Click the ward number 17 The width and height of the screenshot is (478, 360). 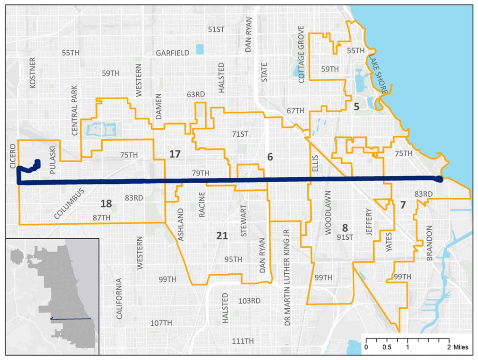[175, 154]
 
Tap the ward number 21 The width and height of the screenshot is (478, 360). [222, 235]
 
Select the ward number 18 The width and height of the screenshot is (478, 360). [106, 203]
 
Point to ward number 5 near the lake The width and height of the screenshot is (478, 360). [357, 107]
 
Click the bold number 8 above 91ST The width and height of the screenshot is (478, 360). [345, 228]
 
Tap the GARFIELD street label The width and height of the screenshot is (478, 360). [173, 53]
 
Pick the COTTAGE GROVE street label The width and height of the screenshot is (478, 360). [301, 55]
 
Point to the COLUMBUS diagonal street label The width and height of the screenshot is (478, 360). [69, 203]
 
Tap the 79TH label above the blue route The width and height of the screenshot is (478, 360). [201, 173]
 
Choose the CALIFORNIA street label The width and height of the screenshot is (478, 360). [119, 298]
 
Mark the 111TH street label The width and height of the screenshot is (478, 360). [243, 341]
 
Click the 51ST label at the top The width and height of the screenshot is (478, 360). [216, 29]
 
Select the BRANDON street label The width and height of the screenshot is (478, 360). [429, 243]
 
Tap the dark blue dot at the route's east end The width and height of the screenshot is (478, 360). [438, 179]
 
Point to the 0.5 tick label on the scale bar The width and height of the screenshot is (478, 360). [387, 347]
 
